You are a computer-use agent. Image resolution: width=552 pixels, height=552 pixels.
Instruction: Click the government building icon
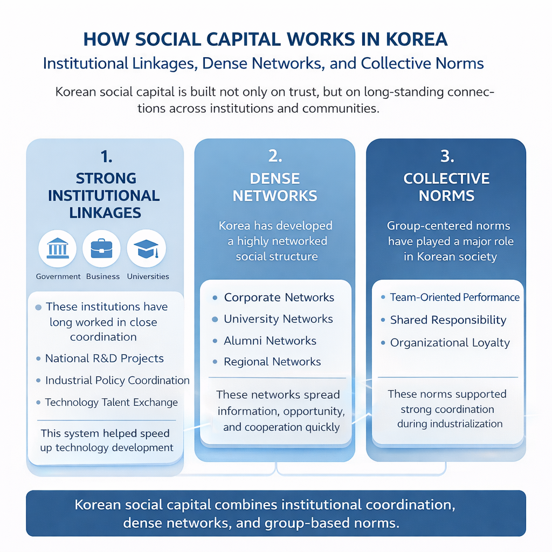tap(58, 249)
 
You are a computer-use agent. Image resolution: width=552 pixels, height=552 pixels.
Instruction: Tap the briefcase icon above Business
tap(102, 249)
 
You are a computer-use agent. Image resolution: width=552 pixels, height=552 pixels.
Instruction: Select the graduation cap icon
tap(146, 249)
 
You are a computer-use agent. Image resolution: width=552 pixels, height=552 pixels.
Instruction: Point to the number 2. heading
tap(275, 156)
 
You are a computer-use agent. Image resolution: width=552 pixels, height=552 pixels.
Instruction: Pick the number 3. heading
tap(447, 156)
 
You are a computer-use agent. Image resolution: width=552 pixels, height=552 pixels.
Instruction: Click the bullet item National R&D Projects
tap(104, 358)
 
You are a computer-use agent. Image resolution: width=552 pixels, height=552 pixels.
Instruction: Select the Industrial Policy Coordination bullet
tap(117, 381)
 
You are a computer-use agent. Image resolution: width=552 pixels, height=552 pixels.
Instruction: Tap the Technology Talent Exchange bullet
tap(111, 402)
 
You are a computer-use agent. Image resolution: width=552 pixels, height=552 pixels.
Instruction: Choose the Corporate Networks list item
tap(279, 298)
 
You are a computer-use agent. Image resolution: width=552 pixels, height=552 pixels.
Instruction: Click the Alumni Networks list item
tap(270, 341)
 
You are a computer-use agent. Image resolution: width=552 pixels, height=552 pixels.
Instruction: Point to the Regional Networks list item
tap(272, 362)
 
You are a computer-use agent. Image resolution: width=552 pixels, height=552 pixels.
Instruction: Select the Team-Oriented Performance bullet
tap(454, 298)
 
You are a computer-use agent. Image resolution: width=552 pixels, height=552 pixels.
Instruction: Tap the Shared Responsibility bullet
tap(448, 320)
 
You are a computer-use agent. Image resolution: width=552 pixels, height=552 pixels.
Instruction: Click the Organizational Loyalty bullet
tap(450, 343)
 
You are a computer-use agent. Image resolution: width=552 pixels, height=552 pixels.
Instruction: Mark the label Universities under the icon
tap(148, 277)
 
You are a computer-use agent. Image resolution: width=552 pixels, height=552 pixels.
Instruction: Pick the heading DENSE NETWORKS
tap(275, 187)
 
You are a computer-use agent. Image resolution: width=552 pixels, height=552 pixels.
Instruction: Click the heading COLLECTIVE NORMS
tap(446, 187)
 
